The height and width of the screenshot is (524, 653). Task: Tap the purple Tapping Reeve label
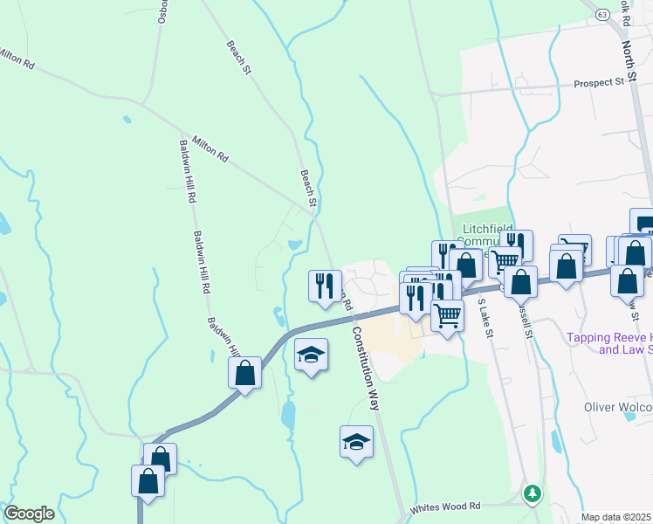point(609,343)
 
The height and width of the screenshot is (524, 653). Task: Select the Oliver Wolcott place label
point(617,407)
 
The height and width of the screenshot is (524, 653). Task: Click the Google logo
point(29,513)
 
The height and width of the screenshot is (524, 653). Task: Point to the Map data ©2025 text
point(616,517)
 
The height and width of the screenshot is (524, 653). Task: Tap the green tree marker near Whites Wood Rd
point(532,493)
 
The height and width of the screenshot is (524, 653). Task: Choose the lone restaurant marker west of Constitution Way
point(325,285)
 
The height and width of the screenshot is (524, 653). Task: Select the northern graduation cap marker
point(311,355)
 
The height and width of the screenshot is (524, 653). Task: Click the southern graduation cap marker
point(356,442)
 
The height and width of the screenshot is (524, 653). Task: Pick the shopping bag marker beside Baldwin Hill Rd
point(245,372)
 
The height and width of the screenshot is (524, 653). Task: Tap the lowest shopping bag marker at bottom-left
point(148,481)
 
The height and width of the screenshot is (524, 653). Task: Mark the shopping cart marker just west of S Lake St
point(447,314)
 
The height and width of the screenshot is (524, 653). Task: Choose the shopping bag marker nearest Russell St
point(521,283)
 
